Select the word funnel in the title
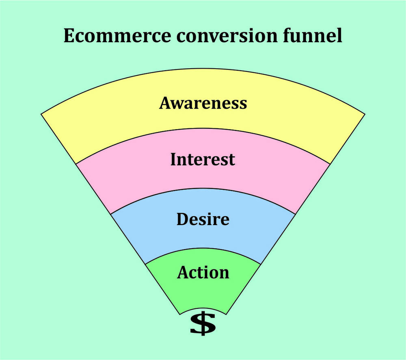(313, 35)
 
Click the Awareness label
(203, 103)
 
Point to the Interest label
(203, 159)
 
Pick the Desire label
(203, 219)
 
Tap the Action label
(203, 272)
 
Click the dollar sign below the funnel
(203, 323)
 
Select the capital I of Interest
(174, 159)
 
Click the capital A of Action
(184, 272)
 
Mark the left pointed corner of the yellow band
(41, 114)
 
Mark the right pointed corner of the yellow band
(365, 114)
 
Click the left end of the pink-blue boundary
(110, 214)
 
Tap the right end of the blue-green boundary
(261, 264)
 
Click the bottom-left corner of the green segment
(180, 314)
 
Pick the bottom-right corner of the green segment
(226, 314)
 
